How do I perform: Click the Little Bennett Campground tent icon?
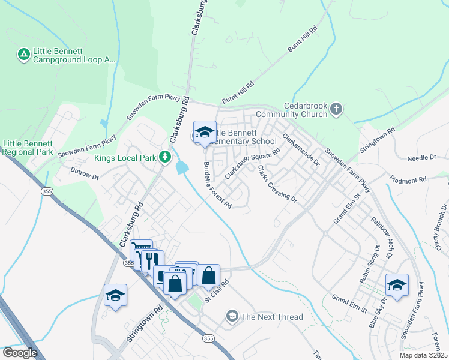[23, 55]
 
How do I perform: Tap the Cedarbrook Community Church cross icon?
[336, 109]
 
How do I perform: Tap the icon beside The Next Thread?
[232, 316]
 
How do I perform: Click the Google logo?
[19, 353]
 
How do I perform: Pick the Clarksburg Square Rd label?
[252, 163]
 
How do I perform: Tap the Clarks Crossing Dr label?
[277, 183]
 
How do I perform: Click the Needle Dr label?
[421, 157]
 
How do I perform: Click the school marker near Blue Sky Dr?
[397, 285]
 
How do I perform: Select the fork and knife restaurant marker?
[150, 260]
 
